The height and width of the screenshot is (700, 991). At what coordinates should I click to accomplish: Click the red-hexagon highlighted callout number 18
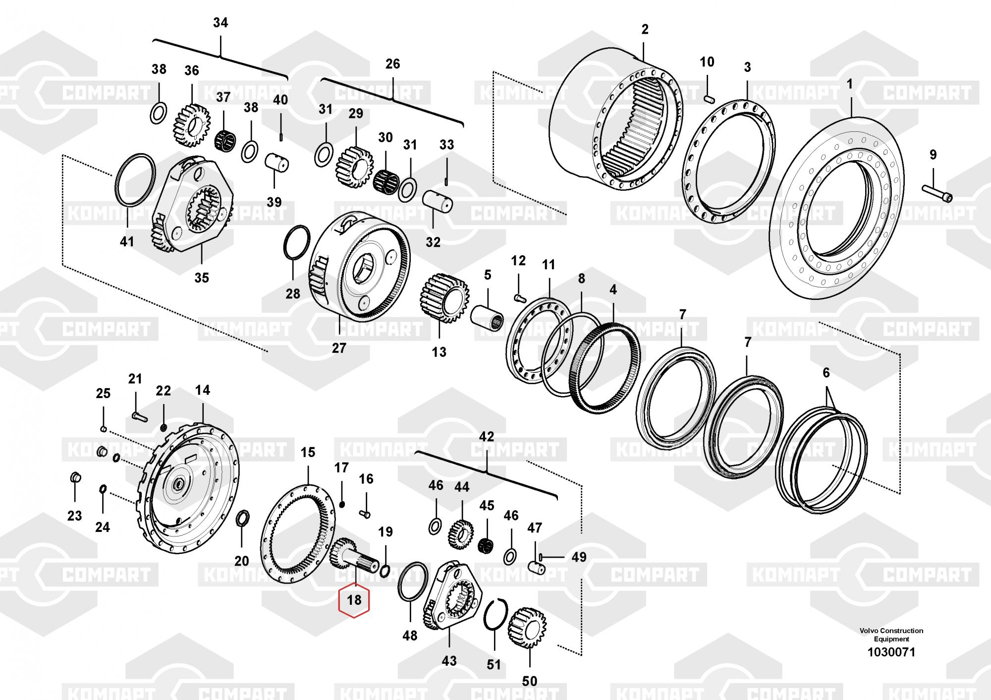coord(354,600)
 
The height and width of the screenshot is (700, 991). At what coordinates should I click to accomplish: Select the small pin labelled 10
coord(708,98)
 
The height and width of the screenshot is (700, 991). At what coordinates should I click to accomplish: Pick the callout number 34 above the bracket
coord(220,23)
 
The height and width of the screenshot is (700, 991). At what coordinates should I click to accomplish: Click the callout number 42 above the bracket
coord(487,437)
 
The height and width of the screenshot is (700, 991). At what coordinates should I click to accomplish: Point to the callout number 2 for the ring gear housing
coord(645,29)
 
